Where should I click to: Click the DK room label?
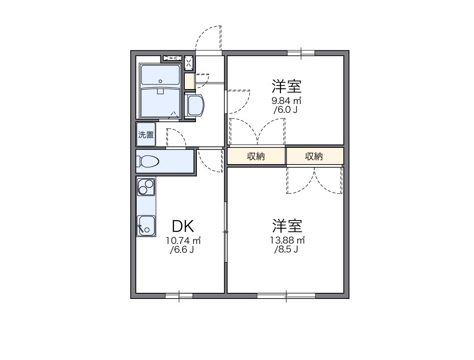182,226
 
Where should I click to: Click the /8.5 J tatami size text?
286,249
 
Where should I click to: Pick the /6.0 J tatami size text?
286,110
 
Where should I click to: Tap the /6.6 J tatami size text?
182,250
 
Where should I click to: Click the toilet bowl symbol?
147,161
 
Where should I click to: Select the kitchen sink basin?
146,226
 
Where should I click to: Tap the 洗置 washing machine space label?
146,135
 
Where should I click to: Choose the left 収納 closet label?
256,157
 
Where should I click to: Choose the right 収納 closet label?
314,157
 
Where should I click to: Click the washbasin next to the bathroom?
195,105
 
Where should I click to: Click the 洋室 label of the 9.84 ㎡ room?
286,86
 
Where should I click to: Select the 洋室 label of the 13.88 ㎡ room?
287,226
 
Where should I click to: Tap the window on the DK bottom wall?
179,296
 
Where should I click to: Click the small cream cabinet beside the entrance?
189,81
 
